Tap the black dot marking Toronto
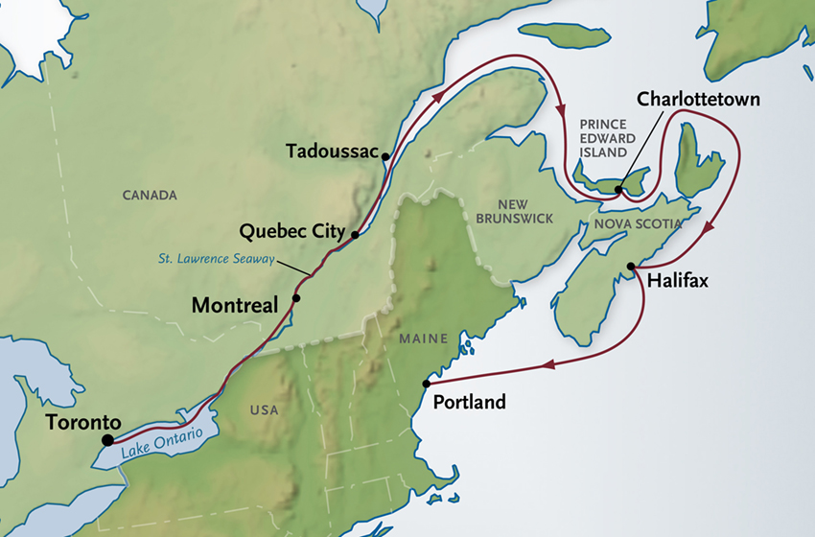click(107, 440)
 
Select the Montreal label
click(235, 305)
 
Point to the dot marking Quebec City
click(355, 234)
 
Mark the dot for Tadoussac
click(384, 156)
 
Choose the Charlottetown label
click(699, 99)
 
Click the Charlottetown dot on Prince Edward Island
click(618, 190)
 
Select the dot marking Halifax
click(631, 266)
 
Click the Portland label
click(469, 403)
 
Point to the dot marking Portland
click(426, 385)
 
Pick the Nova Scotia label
click(638, 223)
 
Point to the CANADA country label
click(150, 196)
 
